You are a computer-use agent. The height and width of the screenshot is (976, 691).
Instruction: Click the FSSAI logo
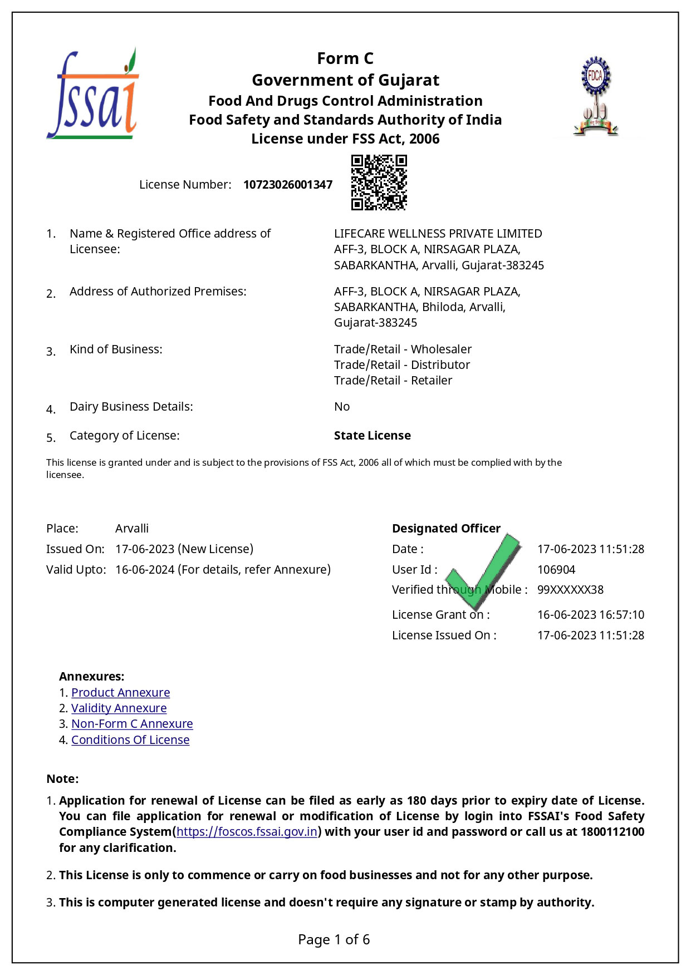92,95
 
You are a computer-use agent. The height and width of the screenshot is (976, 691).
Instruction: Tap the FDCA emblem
596,96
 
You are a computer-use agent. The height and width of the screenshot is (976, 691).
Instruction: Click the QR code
379,183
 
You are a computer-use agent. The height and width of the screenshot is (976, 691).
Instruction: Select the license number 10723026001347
288,185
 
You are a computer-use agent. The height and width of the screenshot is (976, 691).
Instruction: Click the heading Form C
345,58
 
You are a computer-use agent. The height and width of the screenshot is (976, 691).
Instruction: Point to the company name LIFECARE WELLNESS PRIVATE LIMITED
438,234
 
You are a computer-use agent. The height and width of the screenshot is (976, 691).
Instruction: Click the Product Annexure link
120,693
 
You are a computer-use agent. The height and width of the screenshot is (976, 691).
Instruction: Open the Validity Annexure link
119,708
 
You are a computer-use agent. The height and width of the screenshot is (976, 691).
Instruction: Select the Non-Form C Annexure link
132,724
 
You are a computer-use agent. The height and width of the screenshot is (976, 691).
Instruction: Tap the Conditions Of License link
130,740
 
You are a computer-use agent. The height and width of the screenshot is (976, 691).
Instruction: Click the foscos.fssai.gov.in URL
247,832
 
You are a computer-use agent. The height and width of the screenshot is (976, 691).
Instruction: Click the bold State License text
373,436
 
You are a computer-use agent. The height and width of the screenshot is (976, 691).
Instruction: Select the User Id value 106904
556,570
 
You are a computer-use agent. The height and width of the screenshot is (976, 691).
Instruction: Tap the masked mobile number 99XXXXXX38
570,590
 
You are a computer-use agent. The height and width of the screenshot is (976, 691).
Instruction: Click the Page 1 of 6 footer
334,940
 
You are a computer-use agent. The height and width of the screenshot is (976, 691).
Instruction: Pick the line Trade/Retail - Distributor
402,365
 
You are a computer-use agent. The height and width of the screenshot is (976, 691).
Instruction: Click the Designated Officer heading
446,529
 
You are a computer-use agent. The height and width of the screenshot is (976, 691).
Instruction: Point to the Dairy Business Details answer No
342,407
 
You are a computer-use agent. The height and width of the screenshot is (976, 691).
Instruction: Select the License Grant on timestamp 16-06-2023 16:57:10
590,615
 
